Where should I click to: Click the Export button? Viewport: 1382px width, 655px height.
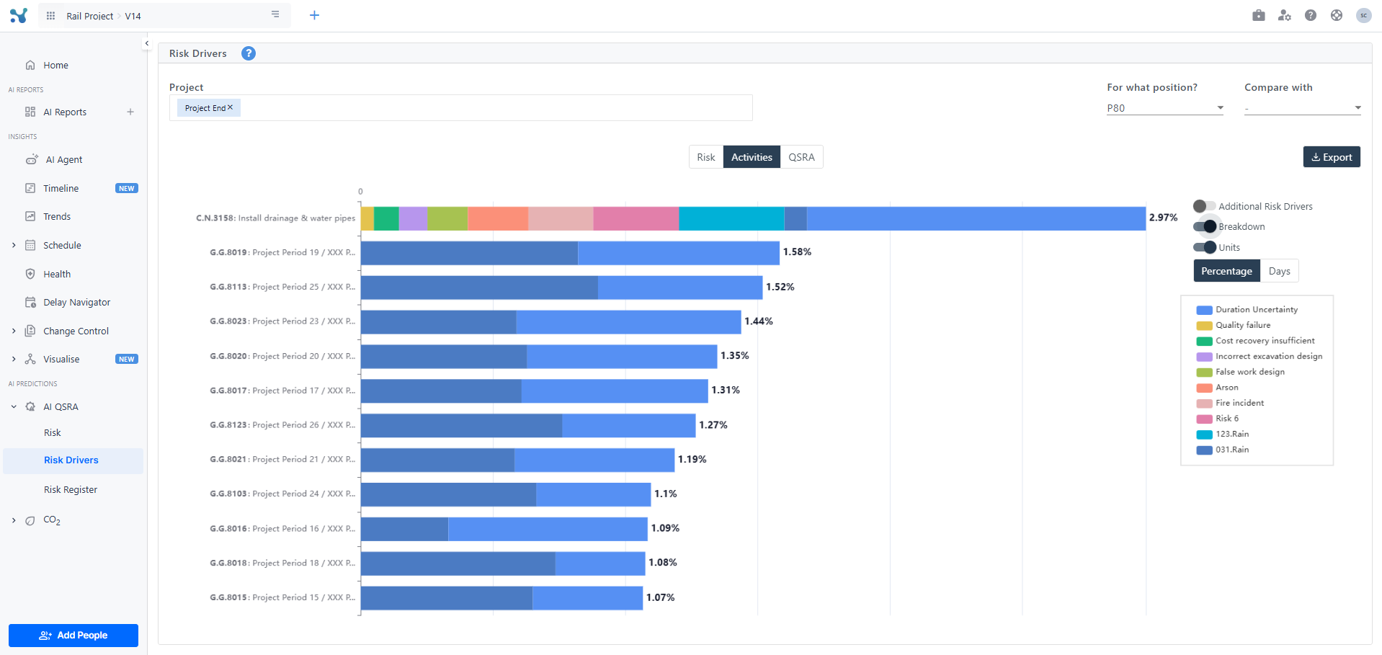point(1331,157)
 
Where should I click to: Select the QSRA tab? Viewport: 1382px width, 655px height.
point(801,157)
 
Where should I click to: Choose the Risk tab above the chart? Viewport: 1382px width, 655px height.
point(705,157)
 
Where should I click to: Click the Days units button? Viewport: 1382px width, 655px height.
point(1279,271)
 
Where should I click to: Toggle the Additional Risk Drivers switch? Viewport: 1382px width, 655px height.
point(1204,206)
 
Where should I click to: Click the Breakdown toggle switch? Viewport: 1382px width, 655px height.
point(1205,226)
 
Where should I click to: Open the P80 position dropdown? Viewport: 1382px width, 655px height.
point(1164,108)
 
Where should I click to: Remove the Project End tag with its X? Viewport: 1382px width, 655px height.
point(231,107)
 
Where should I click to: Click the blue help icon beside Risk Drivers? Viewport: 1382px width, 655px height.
point(249,53)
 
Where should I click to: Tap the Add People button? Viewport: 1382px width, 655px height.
point(73,635)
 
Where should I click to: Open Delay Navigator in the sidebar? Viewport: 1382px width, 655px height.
point(76,303)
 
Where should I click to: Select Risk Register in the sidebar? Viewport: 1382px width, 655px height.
point(71,490)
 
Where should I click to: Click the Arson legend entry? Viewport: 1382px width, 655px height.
point(1226,388)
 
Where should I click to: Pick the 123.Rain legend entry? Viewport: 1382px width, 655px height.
point(1231,434)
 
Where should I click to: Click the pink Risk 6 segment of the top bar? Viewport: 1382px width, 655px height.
point(636,218)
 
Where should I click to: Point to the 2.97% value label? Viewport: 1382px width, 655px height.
point(1163,218)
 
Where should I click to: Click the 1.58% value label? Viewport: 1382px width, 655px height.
point(797,252)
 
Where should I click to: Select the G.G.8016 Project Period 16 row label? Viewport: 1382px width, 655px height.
point(282,529)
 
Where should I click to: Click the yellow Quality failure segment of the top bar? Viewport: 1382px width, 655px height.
point(367,218)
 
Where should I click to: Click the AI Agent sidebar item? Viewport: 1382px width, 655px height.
point(64,160)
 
